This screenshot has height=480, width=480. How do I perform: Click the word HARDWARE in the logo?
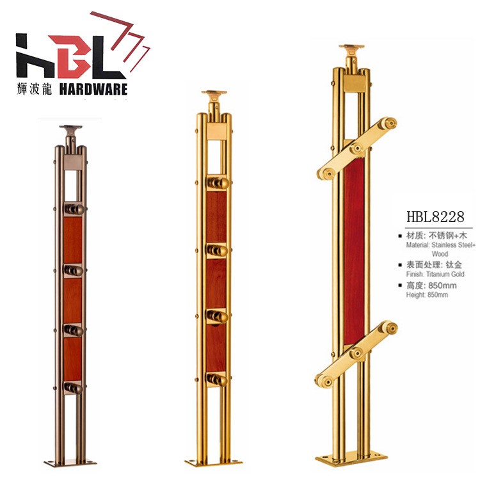pyautogui.click(x=93, y=90)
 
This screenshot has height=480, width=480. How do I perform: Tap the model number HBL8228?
pyautogui.click(x=435, y=217)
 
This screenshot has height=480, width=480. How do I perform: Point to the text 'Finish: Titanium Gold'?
pyautogui.click(x=435, y=274)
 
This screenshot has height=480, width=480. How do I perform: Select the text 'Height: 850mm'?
pyautogui.click(x=427, y=295)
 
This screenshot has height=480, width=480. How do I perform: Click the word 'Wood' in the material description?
pyautogui.click(x=440, y=254)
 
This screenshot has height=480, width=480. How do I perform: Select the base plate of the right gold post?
pyautogui.click(x=351, y=459)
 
